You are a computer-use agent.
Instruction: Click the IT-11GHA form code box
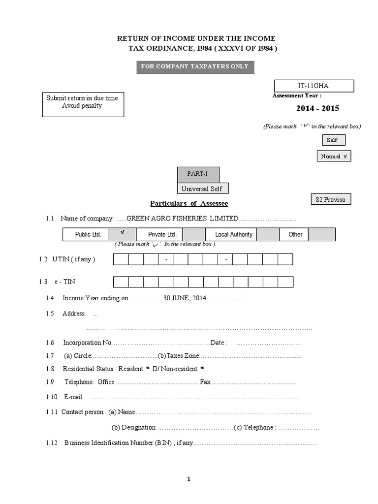coord(314,86)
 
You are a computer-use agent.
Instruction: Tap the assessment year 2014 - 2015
coord(317,108)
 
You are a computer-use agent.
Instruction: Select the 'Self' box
coord(332,140)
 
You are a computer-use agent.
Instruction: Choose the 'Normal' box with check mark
coord(334,157)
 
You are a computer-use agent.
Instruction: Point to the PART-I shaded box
coord(198,174)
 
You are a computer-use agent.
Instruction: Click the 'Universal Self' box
coord(202,189)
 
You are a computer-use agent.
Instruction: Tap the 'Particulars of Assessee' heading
coord(189,203)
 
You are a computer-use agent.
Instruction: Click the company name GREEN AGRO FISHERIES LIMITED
coord(183,219)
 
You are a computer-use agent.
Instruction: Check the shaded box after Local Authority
coord(268,234)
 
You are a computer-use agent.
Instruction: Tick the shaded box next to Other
coord(322,234)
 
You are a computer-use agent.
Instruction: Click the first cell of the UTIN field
coord(121,259)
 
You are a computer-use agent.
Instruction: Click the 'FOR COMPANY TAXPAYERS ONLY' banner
coord(195,67)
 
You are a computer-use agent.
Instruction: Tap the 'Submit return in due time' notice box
coord(83,104)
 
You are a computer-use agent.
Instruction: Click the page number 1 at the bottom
coord(189,480)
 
